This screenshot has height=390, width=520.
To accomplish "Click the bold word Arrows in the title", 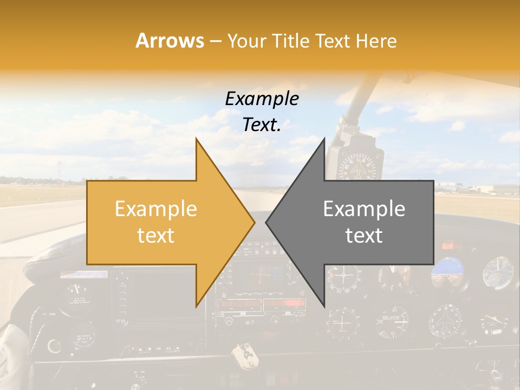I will [170, 41].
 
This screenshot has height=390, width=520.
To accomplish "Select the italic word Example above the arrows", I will [262, 99].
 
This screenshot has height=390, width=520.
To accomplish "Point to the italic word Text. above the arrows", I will [262, 125].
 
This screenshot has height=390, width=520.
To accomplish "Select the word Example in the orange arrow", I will [156, 209].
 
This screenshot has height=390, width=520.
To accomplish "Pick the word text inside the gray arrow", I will [364, 235].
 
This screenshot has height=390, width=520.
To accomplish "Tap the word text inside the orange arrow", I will [156, 235].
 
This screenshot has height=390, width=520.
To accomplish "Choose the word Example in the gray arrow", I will [364, 209].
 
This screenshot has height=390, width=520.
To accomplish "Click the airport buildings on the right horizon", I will [479, 188].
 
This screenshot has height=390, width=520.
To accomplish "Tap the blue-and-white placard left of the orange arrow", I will [76, 275].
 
